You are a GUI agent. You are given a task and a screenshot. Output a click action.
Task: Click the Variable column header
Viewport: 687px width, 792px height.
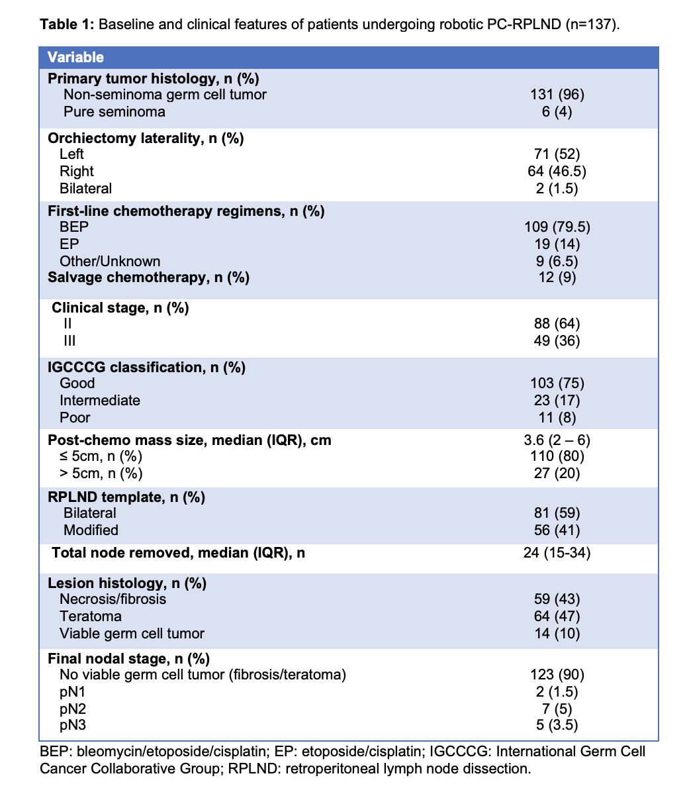pos(75,58)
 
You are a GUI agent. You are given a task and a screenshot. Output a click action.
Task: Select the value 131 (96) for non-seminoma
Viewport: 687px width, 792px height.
pos(557,95)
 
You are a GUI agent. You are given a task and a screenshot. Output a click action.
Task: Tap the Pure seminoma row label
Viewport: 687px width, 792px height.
pos(114,112)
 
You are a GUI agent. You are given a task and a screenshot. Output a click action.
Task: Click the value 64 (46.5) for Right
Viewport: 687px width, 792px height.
pos(557,172)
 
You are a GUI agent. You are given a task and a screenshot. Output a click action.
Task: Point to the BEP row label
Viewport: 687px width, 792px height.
pos(74,227)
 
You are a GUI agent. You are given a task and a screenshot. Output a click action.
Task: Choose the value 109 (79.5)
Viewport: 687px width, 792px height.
pos(557,227)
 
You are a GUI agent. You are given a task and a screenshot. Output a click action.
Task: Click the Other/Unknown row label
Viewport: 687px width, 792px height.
pos(110,262)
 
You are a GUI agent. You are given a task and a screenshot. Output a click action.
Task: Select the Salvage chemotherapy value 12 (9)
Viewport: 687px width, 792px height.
pos(557,277)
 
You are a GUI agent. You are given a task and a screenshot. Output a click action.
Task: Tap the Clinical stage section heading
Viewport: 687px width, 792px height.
pos(120,308)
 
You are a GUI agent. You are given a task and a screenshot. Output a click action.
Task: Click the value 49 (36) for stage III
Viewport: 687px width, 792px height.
pos(557,341)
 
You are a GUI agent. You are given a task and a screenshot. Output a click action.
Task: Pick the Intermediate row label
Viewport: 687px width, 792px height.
pos(99,401)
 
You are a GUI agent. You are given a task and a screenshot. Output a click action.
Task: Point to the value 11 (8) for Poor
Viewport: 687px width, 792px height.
pos(557,418)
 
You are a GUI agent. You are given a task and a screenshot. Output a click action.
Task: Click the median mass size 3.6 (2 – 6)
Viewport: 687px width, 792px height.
pos(557,440)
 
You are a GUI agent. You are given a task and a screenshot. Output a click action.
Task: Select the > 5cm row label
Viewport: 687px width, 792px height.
pos(101,473)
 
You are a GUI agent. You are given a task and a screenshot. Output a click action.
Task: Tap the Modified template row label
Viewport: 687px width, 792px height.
pos(91,530)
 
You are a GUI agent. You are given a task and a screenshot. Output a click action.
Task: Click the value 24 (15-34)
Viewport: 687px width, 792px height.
pos(557,553)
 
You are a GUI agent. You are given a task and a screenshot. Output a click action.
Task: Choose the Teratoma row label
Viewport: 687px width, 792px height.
pos(91,617)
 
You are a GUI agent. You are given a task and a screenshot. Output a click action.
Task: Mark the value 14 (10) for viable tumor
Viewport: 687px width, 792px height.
pos(557,634)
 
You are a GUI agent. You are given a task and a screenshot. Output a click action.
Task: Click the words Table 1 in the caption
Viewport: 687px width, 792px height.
pos(68,25)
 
